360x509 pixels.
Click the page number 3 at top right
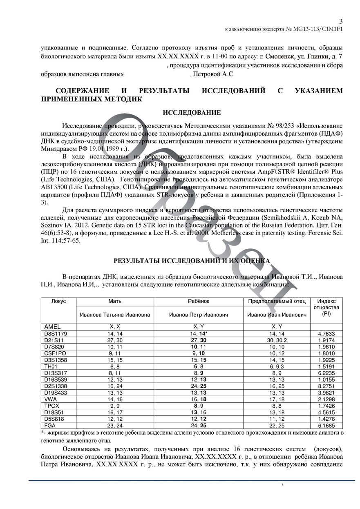point(341,22)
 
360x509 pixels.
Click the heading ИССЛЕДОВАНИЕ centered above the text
point(192,113)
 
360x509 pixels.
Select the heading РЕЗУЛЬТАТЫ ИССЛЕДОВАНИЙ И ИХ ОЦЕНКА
point(192,260)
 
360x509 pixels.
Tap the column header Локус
point(59,301)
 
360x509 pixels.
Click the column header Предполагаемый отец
point(277,301)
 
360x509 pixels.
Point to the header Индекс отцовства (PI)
point(326,307)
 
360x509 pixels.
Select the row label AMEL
point(52,326)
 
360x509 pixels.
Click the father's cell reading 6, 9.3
point(277,366)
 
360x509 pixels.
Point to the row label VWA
point(51,398)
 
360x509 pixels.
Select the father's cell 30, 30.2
point(277,340)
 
